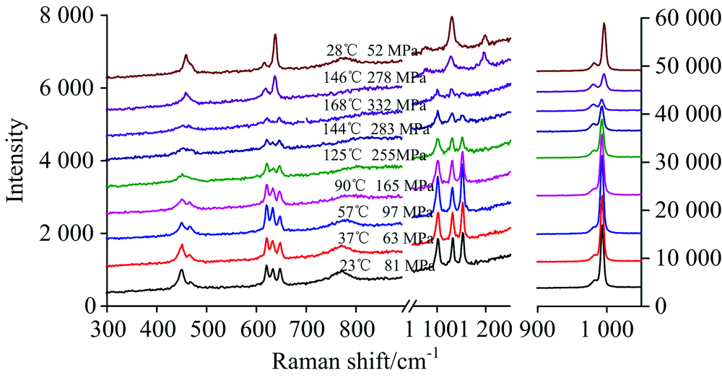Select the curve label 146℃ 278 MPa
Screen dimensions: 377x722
(375, 76)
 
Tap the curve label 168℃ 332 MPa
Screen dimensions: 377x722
(375, 103)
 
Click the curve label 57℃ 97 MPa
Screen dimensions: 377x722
(378, 213)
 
